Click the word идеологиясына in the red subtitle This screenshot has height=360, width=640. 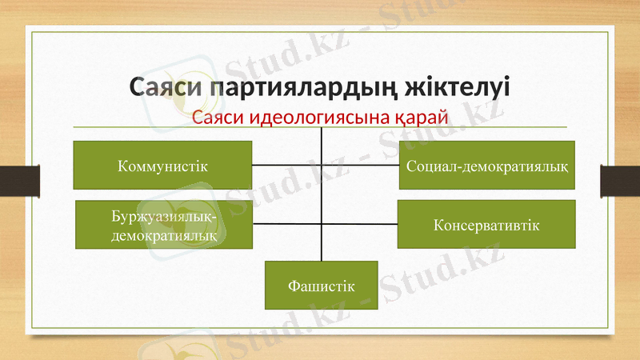point(322,118)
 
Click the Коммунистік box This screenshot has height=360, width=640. point(162,166)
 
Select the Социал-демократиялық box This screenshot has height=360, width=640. point(487,166)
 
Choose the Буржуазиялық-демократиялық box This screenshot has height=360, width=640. point(163,225)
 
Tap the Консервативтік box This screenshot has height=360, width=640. point(486,224)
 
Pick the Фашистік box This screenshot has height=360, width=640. point(322,285)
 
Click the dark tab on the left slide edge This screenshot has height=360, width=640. point(19,180)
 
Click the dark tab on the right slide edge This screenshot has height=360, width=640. point(620,180)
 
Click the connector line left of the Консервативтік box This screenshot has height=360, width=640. point(360,225)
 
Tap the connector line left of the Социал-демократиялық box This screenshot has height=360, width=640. point(360,166)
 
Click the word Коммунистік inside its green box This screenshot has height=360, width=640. point(162,166)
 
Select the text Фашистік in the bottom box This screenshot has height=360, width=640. point(322,286)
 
